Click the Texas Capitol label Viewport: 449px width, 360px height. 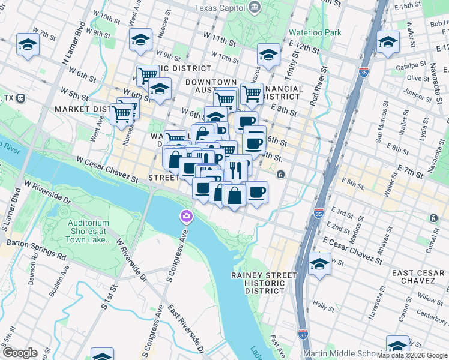(x=220, y=8)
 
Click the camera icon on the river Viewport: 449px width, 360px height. (x=187, y=216)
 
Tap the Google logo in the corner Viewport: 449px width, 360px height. (x=20, y=353)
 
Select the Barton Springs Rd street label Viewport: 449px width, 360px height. (x=36, y=248)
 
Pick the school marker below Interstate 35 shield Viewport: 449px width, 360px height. (x=319, y=264)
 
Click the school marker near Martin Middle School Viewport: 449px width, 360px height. (x=397, y=346)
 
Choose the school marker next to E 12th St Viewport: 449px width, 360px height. (x=268, y=55)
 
